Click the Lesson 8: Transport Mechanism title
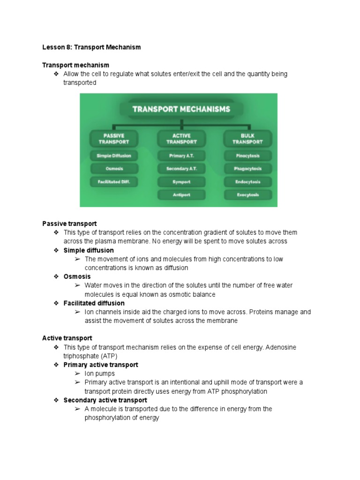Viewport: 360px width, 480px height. coord(91,47)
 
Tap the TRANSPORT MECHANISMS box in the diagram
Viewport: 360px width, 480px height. coord(181,109)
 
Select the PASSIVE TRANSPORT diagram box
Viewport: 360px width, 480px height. coord(113,139)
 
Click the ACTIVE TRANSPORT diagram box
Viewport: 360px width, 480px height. coord(181,139)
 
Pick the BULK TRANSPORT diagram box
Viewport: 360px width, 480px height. coord(247,139)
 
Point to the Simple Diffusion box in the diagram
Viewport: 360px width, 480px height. coord(113,156)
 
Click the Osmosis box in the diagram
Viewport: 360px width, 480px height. coord(113,169)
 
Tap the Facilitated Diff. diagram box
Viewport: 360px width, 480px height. coord(113,181)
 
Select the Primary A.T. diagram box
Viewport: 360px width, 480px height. coord(181,156)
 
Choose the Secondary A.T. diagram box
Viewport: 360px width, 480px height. coord(181,169)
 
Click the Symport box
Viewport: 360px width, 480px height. coord(181,181)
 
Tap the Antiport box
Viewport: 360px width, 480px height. coord(181,195)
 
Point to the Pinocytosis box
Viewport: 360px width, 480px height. coord(247,156)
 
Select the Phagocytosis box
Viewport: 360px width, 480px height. coord(247,169)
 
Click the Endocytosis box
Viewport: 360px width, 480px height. coord(247,181)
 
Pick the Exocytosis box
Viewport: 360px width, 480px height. coord(247,195)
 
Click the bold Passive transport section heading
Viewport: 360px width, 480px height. coord(69,224)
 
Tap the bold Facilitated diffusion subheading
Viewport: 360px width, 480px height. coord(94,303)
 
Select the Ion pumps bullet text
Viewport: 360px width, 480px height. coord(99,374)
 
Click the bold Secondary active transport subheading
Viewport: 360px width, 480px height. coord(105,400)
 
